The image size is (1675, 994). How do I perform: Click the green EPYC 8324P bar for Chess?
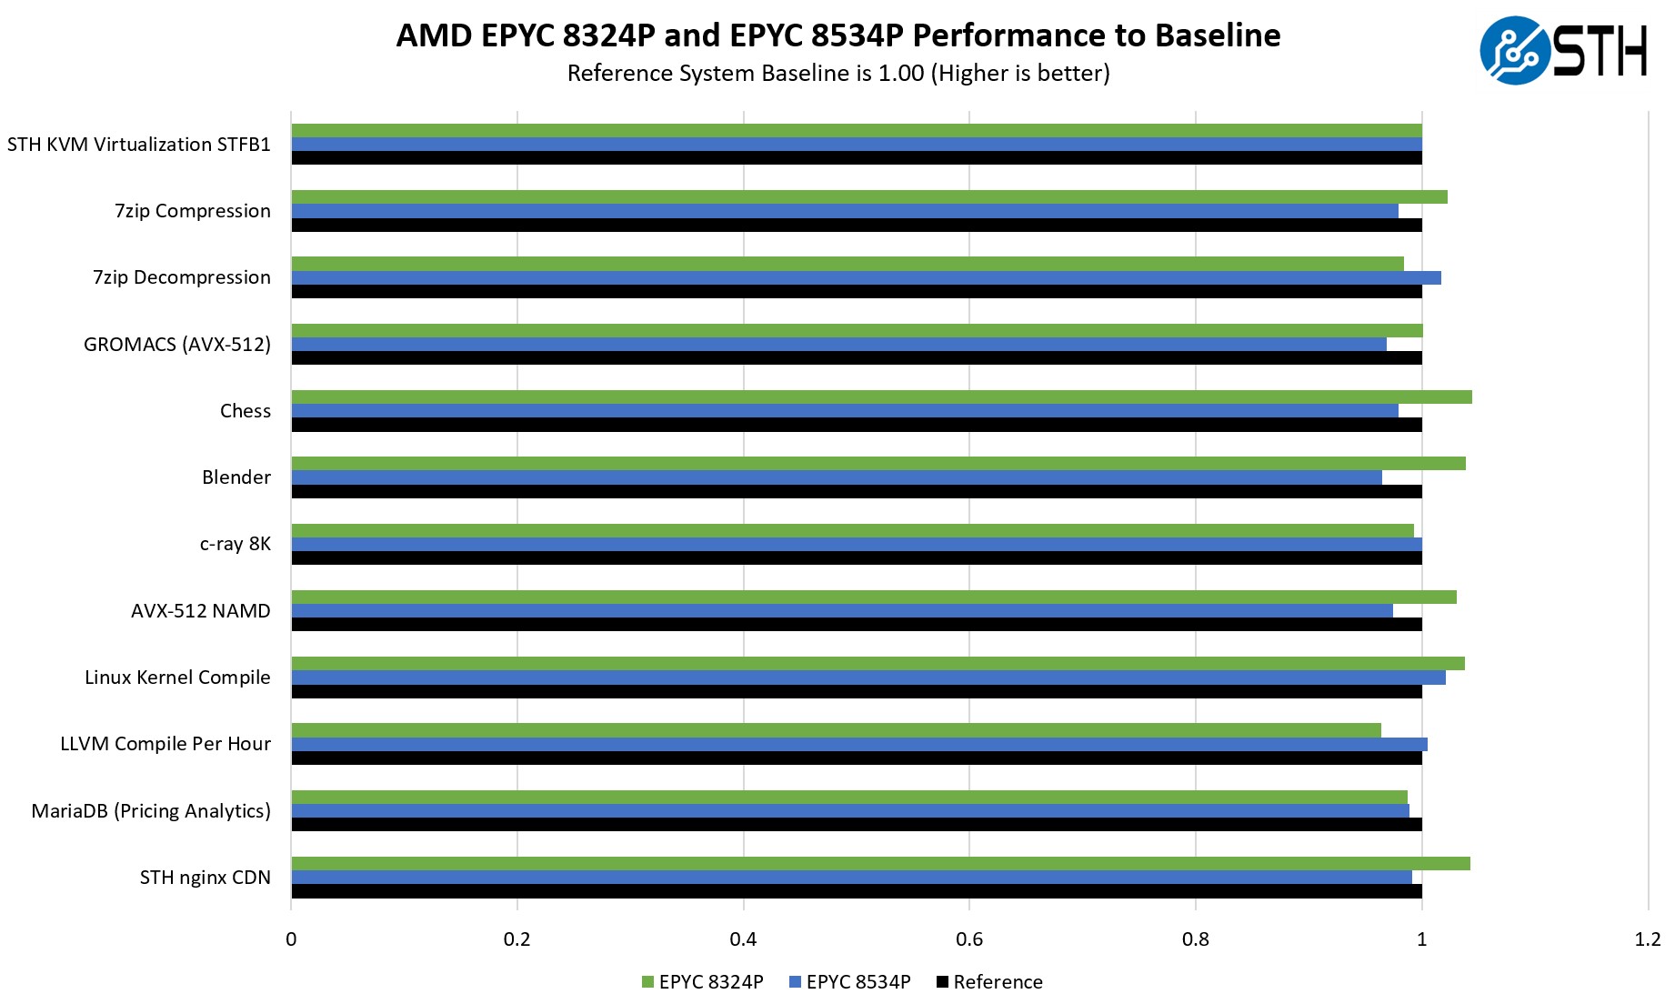(880, 397)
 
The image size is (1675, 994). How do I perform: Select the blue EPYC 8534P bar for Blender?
(837, 477)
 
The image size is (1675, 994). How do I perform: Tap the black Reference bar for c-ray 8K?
(856, 558)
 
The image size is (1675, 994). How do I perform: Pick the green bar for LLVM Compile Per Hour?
(836, 730)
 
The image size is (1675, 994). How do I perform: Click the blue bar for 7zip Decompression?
(866, 278)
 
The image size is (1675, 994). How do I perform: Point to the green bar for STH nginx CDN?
(880, 864)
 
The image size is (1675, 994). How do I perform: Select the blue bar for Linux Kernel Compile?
(868, 678)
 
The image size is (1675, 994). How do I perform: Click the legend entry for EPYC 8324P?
(702, 982)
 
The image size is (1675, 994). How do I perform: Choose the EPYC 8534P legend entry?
(849, 982)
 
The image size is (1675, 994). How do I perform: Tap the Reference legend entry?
(989, 982)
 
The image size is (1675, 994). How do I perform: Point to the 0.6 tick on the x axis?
(969, 939)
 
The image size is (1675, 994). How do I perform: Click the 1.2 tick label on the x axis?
(1647, 939)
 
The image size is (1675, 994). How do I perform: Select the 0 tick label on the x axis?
(291, 939)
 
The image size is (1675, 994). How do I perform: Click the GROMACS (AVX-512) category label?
(177, 345)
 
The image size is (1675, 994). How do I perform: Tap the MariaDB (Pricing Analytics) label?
(151, 811)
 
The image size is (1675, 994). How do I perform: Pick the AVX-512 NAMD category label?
(201, 611)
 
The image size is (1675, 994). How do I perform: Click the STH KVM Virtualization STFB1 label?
(139, 145)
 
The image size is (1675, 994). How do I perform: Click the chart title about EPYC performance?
(838, 35)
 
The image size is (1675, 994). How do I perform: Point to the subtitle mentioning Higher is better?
(838, 74)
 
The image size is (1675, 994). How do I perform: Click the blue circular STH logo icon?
(1514, 51)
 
